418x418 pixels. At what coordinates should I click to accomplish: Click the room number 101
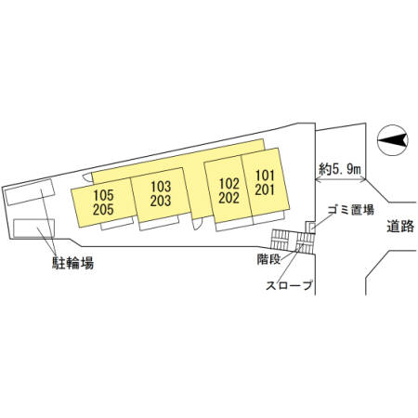point(265,176)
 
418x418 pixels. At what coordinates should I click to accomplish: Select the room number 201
point(265,189)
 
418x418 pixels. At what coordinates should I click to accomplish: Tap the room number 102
point(229,184)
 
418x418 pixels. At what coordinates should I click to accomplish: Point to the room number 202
point(229,198)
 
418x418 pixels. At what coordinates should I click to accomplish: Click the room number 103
point(161,187)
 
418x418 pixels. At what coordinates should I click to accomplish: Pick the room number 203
point(161,201)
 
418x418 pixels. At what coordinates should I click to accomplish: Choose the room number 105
point(103,195)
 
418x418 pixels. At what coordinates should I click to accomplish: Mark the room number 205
point(103,210)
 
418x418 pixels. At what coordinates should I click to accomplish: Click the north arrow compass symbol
point(393,140)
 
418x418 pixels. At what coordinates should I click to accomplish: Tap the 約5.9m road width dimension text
point(340,169)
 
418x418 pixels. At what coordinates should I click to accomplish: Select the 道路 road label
point(400,227)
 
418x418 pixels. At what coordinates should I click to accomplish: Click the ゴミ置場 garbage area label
point(351,210)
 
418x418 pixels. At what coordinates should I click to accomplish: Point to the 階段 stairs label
point(268,259)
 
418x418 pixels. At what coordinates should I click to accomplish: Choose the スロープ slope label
point(289,285)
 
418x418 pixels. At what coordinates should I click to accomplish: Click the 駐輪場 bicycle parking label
point(72,264)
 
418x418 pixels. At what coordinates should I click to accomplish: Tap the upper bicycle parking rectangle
point(30,192)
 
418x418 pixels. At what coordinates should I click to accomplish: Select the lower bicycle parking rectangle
point(33,229)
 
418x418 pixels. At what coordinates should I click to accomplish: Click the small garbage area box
point(310,228)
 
